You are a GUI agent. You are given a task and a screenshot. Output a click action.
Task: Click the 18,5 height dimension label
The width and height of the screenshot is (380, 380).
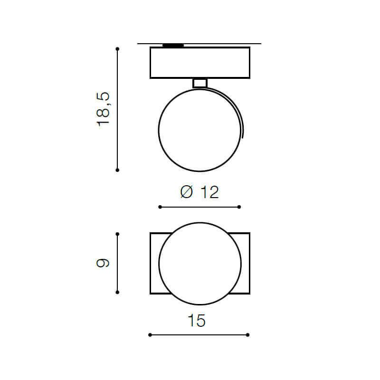pos(103,109)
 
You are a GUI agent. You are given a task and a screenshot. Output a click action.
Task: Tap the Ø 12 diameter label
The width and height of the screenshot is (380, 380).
pos(199,192)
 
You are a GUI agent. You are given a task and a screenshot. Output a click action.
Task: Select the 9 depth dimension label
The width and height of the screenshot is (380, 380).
pos(103,263)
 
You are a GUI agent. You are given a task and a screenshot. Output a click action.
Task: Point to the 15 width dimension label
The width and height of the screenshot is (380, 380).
pos(197,320)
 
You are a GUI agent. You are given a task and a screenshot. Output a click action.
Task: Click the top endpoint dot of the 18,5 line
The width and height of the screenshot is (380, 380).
pos(117,49)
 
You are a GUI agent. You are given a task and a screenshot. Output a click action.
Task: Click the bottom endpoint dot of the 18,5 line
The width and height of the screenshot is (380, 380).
pos(117,170)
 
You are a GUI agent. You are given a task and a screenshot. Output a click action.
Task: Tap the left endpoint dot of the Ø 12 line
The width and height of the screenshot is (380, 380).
pos(160,207)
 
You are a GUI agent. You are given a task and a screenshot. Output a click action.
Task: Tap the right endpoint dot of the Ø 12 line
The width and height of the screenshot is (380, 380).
pos(239,207)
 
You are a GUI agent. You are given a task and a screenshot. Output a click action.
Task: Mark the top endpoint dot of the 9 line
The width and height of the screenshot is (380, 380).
pos(117,234)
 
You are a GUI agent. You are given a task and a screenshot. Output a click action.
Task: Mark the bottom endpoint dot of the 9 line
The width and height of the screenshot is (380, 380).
pos(117,293)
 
